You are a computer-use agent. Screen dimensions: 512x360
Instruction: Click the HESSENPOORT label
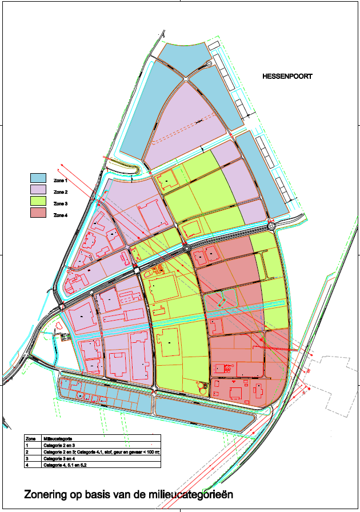pyautogui.click(x=287, y=76)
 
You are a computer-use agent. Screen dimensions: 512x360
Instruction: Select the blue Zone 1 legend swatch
pyautogui.click(x=38, y=178)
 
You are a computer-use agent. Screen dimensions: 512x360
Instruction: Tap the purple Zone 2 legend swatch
pyautogui.click(x=38, y=189)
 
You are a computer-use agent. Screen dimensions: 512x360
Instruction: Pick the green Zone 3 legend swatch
pyautogui.click(x=38, y=201)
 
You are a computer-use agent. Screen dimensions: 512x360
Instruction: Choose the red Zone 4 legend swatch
pyautogui.click(x=38, y=213)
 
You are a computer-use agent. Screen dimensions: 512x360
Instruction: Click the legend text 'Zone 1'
pyautogui.click(x=61, y=180)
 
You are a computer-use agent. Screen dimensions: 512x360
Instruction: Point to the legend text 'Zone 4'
pyautogui.click(x=61, y=215)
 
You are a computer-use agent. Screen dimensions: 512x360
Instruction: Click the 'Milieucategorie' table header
pyautogui.click(x=57, y=438)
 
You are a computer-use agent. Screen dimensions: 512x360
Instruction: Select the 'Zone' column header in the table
pyautogui.click(x=30, y=438)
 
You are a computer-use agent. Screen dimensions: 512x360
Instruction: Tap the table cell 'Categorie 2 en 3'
pyautogui.click(x=59, y=445)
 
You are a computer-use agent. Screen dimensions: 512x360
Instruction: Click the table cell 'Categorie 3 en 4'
pyautogui.click(x=59, y=458)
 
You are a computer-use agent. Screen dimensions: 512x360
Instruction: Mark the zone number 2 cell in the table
pyautogui.click(x=27, y=451)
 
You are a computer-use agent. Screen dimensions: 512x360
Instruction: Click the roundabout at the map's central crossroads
pyautogui.click(x=187, y=249)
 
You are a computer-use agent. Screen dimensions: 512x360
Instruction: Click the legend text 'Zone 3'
pyautogui.click(x=61, y=203)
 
